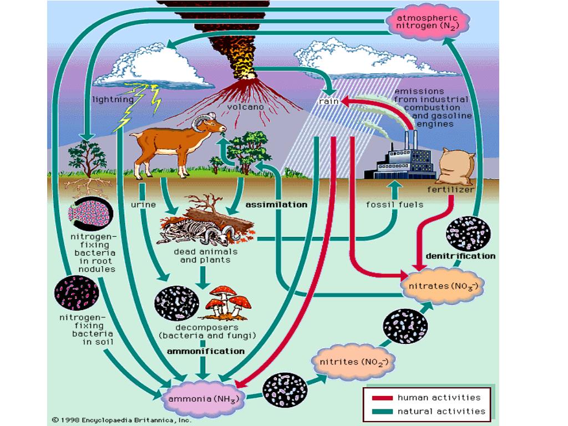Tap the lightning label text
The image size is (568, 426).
click(113, 100)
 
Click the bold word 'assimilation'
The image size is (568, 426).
click(276, 205)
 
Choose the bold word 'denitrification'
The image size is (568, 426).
click(460, 256)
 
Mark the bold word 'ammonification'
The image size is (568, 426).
click(205, 351)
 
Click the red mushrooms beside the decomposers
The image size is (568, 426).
click(229, 302)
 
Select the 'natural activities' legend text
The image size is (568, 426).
click(441, 411)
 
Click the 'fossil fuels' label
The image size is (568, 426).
click(394, 204)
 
